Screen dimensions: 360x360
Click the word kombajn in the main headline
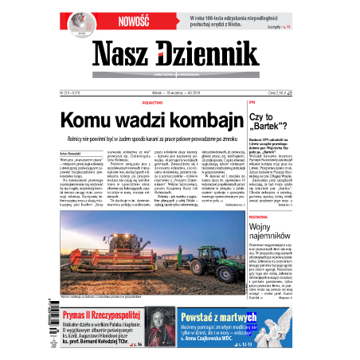(x=198, y=121)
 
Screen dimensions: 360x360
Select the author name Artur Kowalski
(x=72, y=149)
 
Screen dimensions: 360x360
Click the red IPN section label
(x=252, y=103)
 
